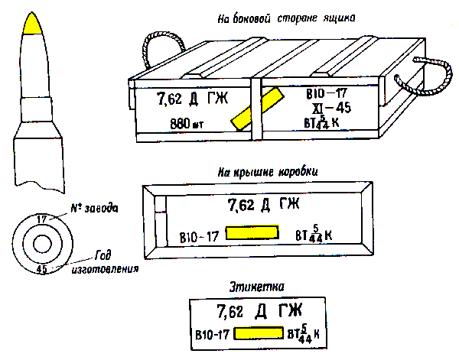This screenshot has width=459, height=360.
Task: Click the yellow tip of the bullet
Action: (x=34, y=25)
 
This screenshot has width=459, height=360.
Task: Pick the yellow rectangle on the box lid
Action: (x=255, y=232)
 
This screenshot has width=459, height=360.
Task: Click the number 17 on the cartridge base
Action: (x=42, y=220)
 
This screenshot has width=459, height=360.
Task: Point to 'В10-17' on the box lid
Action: (x=199, y=235)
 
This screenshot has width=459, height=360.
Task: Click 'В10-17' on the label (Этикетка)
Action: (x=213, y=334)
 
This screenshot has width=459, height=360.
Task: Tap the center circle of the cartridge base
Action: (x=42, y=245)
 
